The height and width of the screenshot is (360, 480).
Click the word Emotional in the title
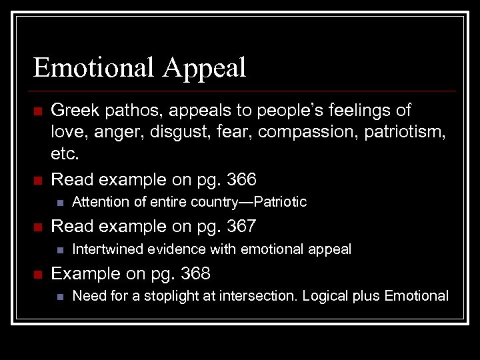tap(95, 67)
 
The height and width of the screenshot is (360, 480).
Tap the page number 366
tap(241, 179)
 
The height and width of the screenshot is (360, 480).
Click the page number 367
tap(241, 226)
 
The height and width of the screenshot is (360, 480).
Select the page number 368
tap(195, 273)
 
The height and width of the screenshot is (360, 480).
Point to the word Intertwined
tap(104, 249)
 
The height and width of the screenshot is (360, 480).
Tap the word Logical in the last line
tap(325, 295)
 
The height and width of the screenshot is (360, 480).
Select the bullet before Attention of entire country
tap(59, 202)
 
